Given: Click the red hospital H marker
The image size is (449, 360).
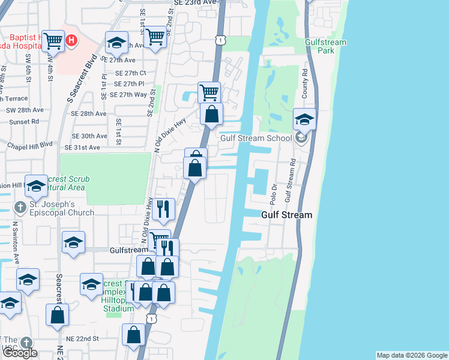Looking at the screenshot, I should [x=71, y=41].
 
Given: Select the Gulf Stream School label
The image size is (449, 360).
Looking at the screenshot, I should [x=251, y=138].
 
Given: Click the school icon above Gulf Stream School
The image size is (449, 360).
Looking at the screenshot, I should [x=304, y=120].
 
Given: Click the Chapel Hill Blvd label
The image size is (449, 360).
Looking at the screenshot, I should [x=29, y=145].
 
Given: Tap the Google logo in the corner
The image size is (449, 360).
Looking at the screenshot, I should [x=20, y=353].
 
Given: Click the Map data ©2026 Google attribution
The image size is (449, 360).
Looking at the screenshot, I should [x=412, y=355].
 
